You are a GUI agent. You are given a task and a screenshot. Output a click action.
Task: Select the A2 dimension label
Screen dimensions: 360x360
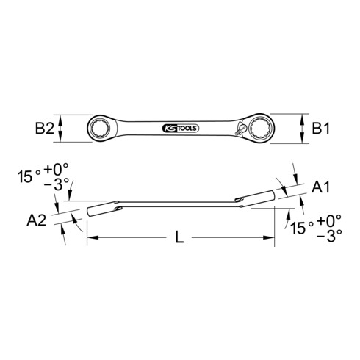point(41,220)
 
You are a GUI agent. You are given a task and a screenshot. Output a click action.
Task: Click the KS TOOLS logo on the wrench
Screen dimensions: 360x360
point(180,129)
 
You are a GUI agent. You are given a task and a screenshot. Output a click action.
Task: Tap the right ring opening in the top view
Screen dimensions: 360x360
point(263,129)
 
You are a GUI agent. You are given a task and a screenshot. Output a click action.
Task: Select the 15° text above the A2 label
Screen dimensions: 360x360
point(28,176)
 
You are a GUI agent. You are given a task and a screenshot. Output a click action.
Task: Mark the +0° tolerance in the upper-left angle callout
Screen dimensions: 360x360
point(62,176)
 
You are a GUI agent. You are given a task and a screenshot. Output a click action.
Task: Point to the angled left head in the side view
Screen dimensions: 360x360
point(100,209)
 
